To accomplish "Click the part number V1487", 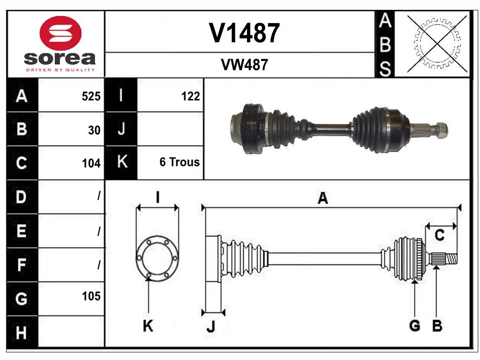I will [244, 33].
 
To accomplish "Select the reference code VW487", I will [244, 65].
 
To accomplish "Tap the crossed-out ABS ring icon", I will [437, 44].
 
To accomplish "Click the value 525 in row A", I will [91, 97].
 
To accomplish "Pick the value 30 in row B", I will [94, 130].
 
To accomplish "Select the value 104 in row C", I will [91, 164].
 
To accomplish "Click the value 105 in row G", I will [91, 296].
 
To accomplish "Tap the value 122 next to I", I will [190, 97].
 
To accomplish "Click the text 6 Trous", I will [180, 162].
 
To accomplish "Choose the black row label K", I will [121, 162].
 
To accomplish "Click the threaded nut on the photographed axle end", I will [441, 130].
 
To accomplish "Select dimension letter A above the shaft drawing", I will [322, 198].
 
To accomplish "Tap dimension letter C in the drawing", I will [439, 235].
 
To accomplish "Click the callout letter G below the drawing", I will [414, 326].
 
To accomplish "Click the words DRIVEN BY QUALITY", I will [60, 70].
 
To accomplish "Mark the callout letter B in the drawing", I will [437, 326].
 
